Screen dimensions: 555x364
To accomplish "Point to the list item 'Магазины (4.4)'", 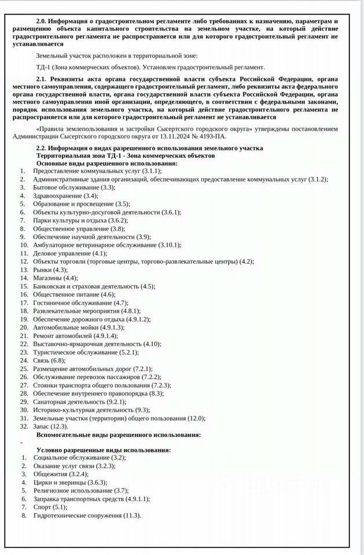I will tap(56, 278).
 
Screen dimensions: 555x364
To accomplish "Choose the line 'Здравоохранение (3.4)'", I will tap(65, 195).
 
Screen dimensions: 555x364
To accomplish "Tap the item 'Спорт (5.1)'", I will tap(49, 506).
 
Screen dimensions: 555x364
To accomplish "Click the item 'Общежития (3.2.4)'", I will tap(61, 473).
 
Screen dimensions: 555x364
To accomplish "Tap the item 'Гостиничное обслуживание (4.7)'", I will tap(80, 302).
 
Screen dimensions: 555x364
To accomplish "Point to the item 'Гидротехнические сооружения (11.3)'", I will tap(87, 515).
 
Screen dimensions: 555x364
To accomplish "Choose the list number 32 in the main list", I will tap(24, 425).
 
